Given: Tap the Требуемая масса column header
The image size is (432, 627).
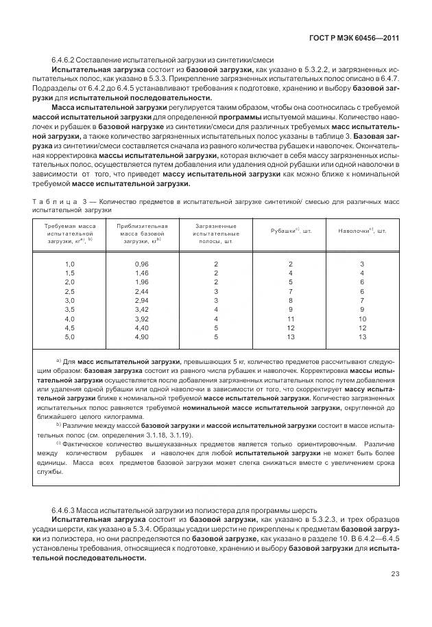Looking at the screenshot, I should click(69, 233).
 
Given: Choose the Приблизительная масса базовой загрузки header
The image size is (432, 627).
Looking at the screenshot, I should click(143, 233).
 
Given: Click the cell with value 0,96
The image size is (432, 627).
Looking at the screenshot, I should click(142, 264).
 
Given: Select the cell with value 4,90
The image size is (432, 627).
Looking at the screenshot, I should click(142, 337).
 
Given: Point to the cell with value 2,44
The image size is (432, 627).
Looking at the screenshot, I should click(142, 292).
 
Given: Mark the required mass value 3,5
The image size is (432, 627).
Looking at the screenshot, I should click(69, 310).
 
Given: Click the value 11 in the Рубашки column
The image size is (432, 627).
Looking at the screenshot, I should click(290, 319).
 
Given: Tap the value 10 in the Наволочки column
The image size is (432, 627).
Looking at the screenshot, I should click(362, 319).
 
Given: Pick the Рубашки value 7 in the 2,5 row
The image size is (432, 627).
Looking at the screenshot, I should click(290, 292).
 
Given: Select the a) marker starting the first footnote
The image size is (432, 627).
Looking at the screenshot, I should click(59, 361).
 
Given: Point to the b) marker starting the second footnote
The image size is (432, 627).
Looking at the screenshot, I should click(59, 425).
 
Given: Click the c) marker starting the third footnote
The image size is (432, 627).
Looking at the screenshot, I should click(59, 443).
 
